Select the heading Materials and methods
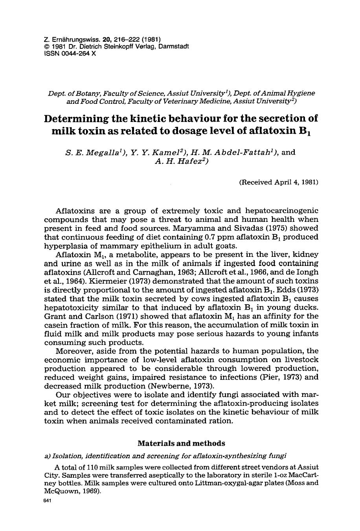click(181, 443)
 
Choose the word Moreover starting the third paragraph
click(73, 351)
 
